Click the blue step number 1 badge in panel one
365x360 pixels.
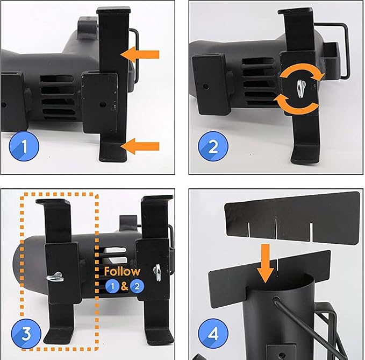tap(24, 146)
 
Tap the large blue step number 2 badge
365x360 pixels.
tap(213, 146)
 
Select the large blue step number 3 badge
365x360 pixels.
tap(26, 334)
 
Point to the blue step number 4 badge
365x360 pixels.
tap(213, 334)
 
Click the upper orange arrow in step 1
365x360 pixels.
tap(140, 54)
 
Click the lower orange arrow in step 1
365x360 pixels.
tap(140, 146)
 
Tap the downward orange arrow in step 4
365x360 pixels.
tap(266, 263)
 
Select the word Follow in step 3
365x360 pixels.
tap(122, 271)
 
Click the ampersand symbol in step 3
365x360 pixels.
tap(125, 286)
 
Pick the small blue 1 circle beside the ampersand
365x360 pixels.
tap(113, 286)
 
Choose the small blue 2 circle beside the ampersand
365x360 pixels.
tap(137, 286)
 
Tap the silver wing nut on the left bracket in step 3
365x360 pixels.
tap(55, 277)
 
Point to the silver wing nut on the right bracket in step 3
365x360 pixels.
tap(157, 271)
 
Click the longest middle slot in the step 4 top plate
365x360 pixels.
tap(276, 229)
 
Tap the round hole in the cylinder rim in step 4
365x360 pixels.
tap(276, 299)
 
